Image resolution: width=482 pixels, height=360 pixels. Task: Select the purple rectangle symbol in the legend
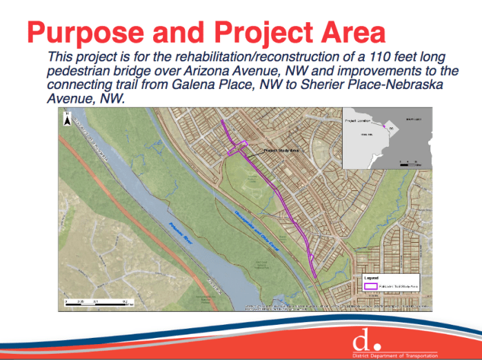pyautogui.click(x=370, y=285)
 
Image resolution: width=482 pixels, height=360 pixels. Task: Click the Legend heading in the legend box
pyautogui.click(x=371, y=277)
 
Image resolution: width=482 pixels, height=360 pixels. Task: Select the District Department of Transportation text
pyautogui.click(x=394, y=354)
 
